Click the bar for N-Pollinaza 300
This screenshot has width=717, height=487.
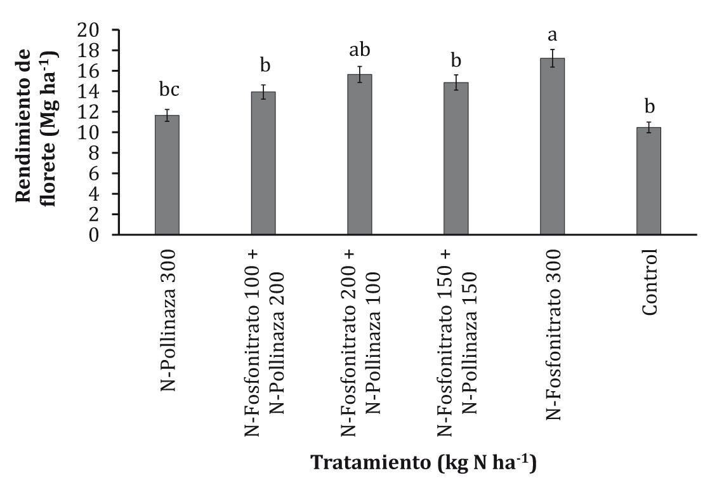pos(167,175)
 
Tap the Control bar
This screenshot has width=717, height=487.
pos(648,182)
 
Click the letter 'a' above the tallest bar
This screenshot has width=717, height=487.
pos(553,34)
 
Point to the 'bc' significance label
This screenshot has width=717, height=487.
pos(167,90)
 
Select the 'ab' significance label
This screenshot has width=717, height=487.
pos(360,50)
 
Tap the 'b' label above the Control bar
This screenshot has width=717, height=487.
pos(649,105)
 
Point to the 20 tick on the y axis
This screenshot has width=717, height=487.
pos(90,30)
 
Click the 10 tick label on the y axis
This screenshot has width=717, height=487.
pos(90,133)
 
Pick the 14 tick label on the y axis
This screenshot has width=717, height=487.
pos(90,91)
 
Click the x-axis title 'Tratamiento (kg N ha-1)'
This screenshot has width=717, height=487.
pos(423,462)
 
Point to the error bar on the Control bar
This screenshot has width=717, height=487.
pos(649,127)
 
